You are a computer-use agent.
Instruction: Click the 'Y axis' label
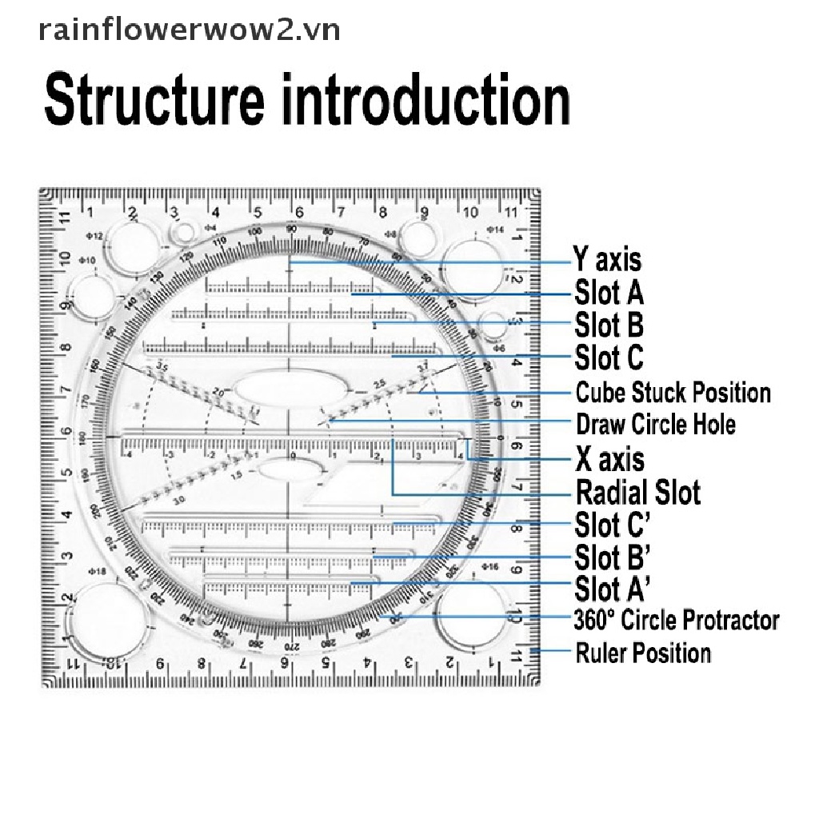(607, 260)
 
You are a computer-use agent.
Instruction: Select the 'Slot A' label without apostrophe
(609, 293)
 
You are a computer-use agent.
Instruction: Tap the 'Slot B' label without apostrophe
(609, 326)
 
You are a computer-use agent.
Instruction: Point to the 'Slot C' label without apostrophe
(609, 358)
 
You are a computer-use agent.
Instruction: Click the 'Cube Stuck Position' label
(673, 393)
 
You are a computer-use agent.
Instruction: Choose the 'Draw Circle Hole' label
(655, 424)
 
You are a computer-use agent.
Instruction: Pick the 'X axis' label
(609, 459)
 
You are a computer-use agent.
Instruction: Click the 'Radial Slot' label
(637, 492)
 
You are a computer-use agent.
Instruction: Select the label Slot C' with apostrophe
(612, 525)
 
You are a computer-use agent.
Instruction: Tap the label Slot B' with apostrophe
(612, 556)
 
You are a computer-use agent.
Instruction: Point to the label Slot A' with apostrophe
(612, 589)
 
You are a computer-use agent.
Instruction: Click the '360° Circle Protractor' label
(676, 620)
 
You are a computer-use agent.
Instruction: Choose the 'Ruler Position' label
(643, 653)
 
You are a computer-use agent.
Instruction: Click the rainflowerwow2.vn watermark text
(190, 30)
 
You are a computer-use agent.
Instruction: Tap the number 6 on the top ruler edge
(298, 213)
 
